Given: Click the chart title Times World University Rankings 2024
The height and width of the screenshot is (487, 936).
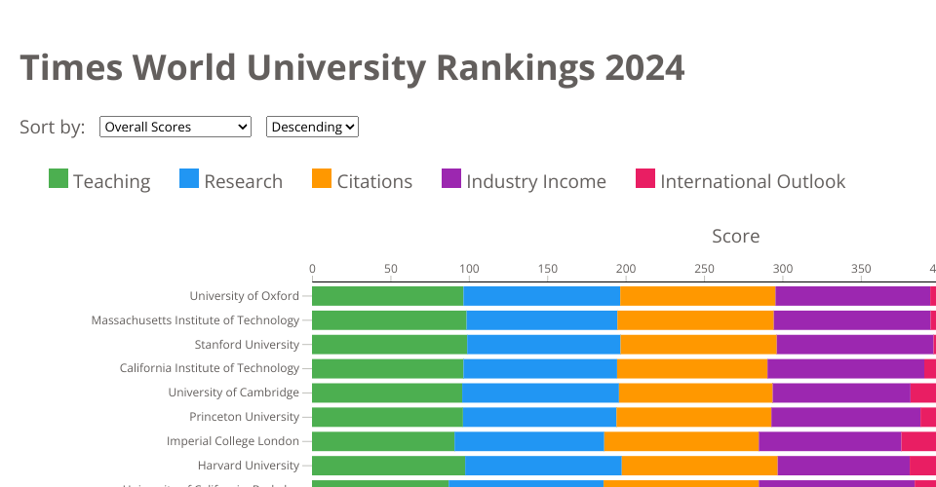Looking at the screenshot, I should pos(352,67).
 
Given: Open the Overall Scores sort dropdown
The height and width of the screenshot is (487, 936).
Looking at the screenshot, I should pos(175,127).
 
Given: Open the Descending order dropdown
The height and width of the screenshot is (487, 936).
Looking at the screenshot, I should pos(312,127).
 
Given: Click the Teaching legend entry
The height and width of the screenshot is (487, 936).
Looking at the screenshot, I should pos(99,181).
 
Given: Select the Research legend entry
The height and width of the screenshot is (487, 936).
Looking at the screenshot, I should pos(231,181).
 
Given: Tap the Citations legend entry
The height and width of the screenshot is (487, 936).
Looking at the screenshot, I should pos(362,181).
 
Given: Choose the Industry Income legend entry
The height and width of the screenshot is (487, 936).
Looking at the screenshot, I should pos(524,181).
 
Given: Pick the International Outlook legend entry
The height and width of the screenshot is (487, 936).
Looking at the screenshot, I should pos(740,181).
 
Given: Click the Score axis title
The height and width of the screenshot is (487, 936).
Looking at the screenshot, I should pos(735,236).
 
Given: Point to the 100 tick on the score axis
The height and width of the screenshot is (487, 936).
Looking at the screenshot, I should pos(469,268).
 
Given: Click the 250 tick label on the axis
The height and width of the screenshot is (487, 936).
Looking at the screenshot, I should pos(704,268).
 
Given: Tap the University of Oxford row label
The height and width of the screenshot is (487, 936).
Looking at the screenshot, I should pos(244,296).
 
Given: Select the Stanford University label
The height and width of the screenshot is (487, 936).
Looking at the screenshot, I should pos(247,345).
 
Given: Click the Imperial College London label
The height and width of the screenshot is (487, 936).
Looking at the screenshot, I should pos(233,441).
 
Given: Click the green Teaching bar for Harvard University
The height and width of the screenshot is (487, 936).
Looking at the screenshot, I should pos(388,466).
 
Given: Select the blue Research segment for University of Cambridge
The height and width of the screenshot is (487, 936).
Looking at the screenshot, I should pos(540,393).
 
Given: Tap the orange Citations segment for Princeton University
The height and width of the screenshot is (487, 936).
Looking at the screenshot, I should pos(693,417).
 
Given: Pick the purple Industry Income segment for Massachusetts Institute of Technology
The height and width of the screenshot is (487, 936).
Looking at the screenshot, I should pos(851,320).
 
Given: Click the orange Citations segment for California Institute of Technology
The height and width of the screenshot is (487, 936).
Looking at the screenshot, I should pos(692,368).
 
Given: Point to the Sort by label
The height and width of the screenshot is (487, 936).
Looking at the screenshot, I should pos(53,127).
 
